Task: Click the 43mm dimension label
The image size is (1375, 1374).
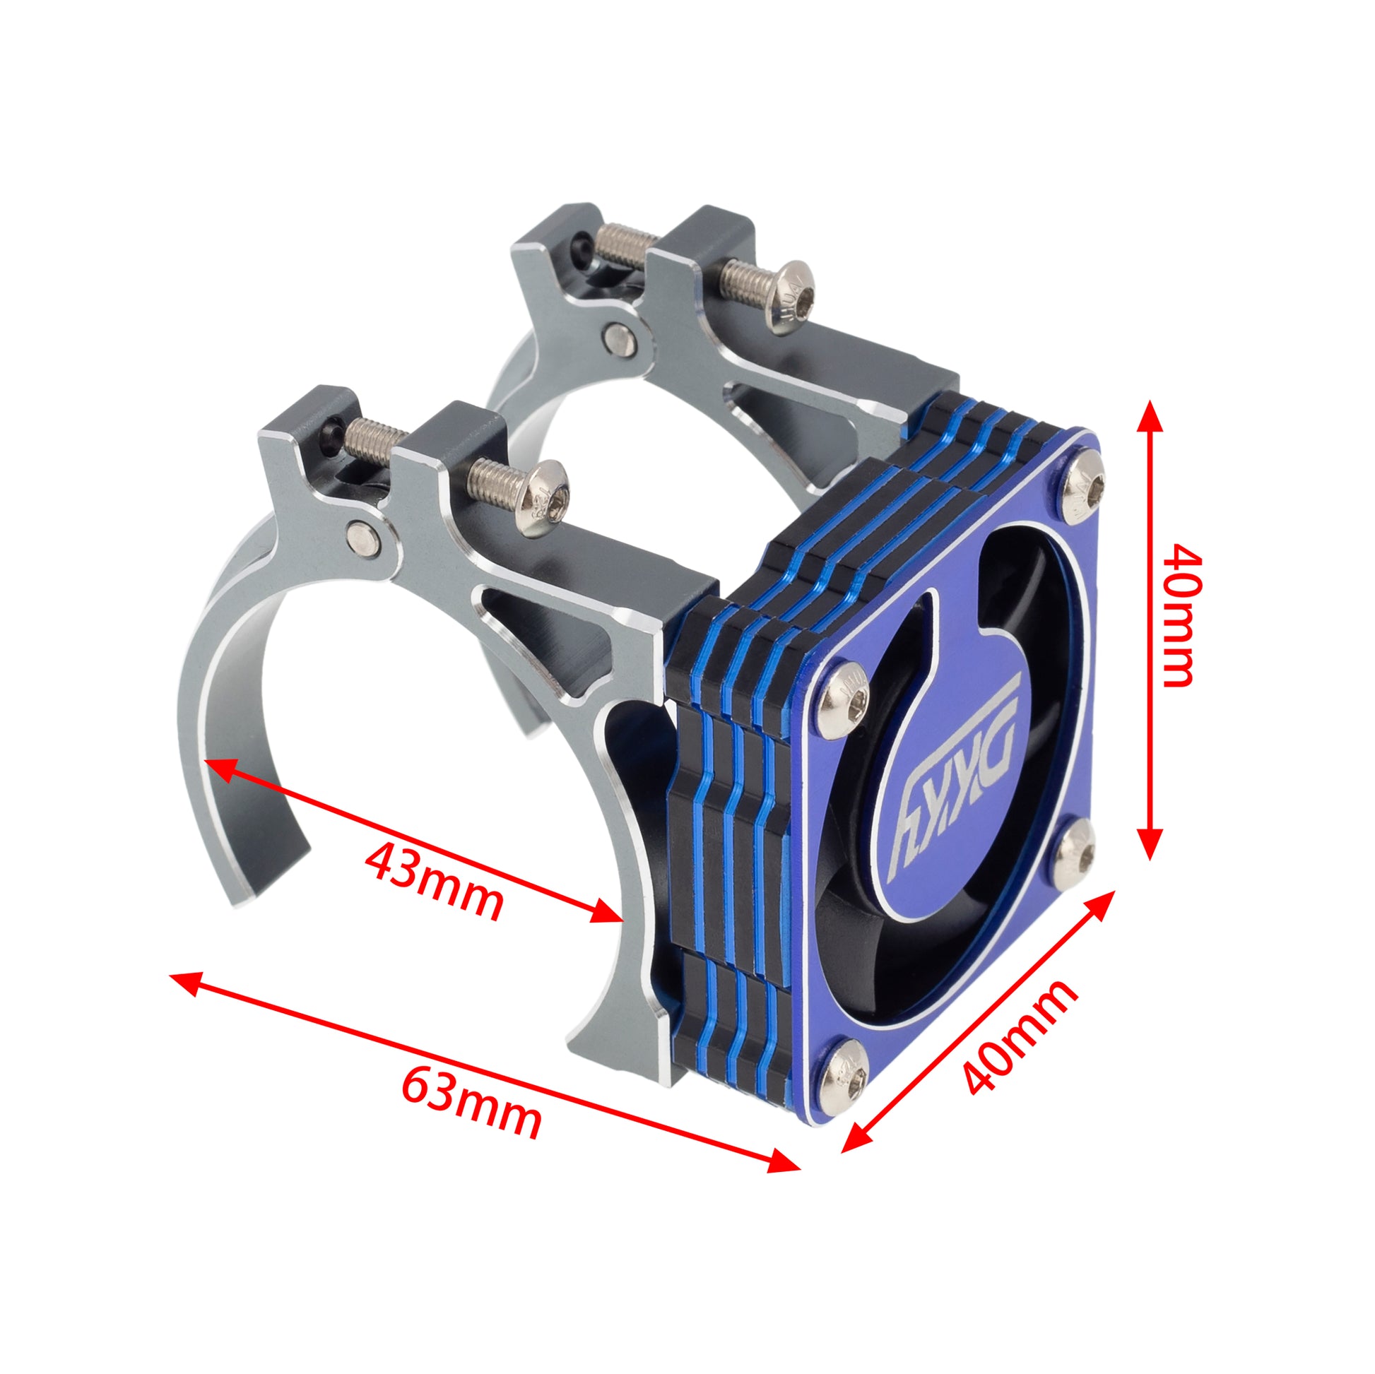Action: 433,882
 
